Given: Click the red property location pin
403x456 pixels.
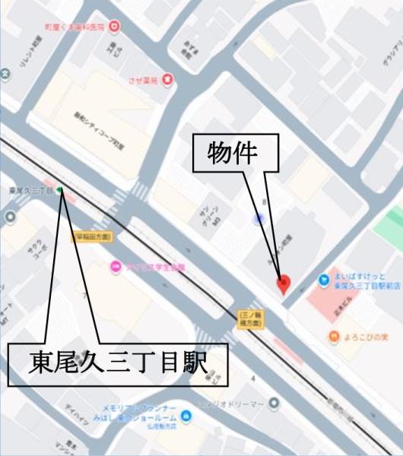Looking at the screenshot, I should [x=284, y=283].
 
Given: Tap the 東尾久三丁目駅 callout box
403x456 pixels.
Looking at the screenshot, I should [x=118, y=364].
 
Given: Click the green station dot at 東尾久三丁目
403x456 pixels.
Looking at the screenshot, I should [x=59, y=190].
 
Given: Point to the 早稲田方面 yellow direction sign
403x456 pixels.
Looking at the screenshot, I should [x=93, y=237].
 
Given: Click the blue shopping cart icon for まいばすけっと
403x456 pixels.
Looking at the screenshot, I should [x=324, y=277].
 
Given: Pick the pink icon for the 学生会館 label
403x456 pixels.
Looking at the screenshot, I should [x=116, y=266].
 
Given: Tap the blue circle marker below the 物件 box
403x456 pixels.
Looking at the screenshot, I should [x=260, y=219].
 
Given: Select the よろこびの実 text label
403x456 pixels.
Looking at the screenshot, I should [x=367, y=336].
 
